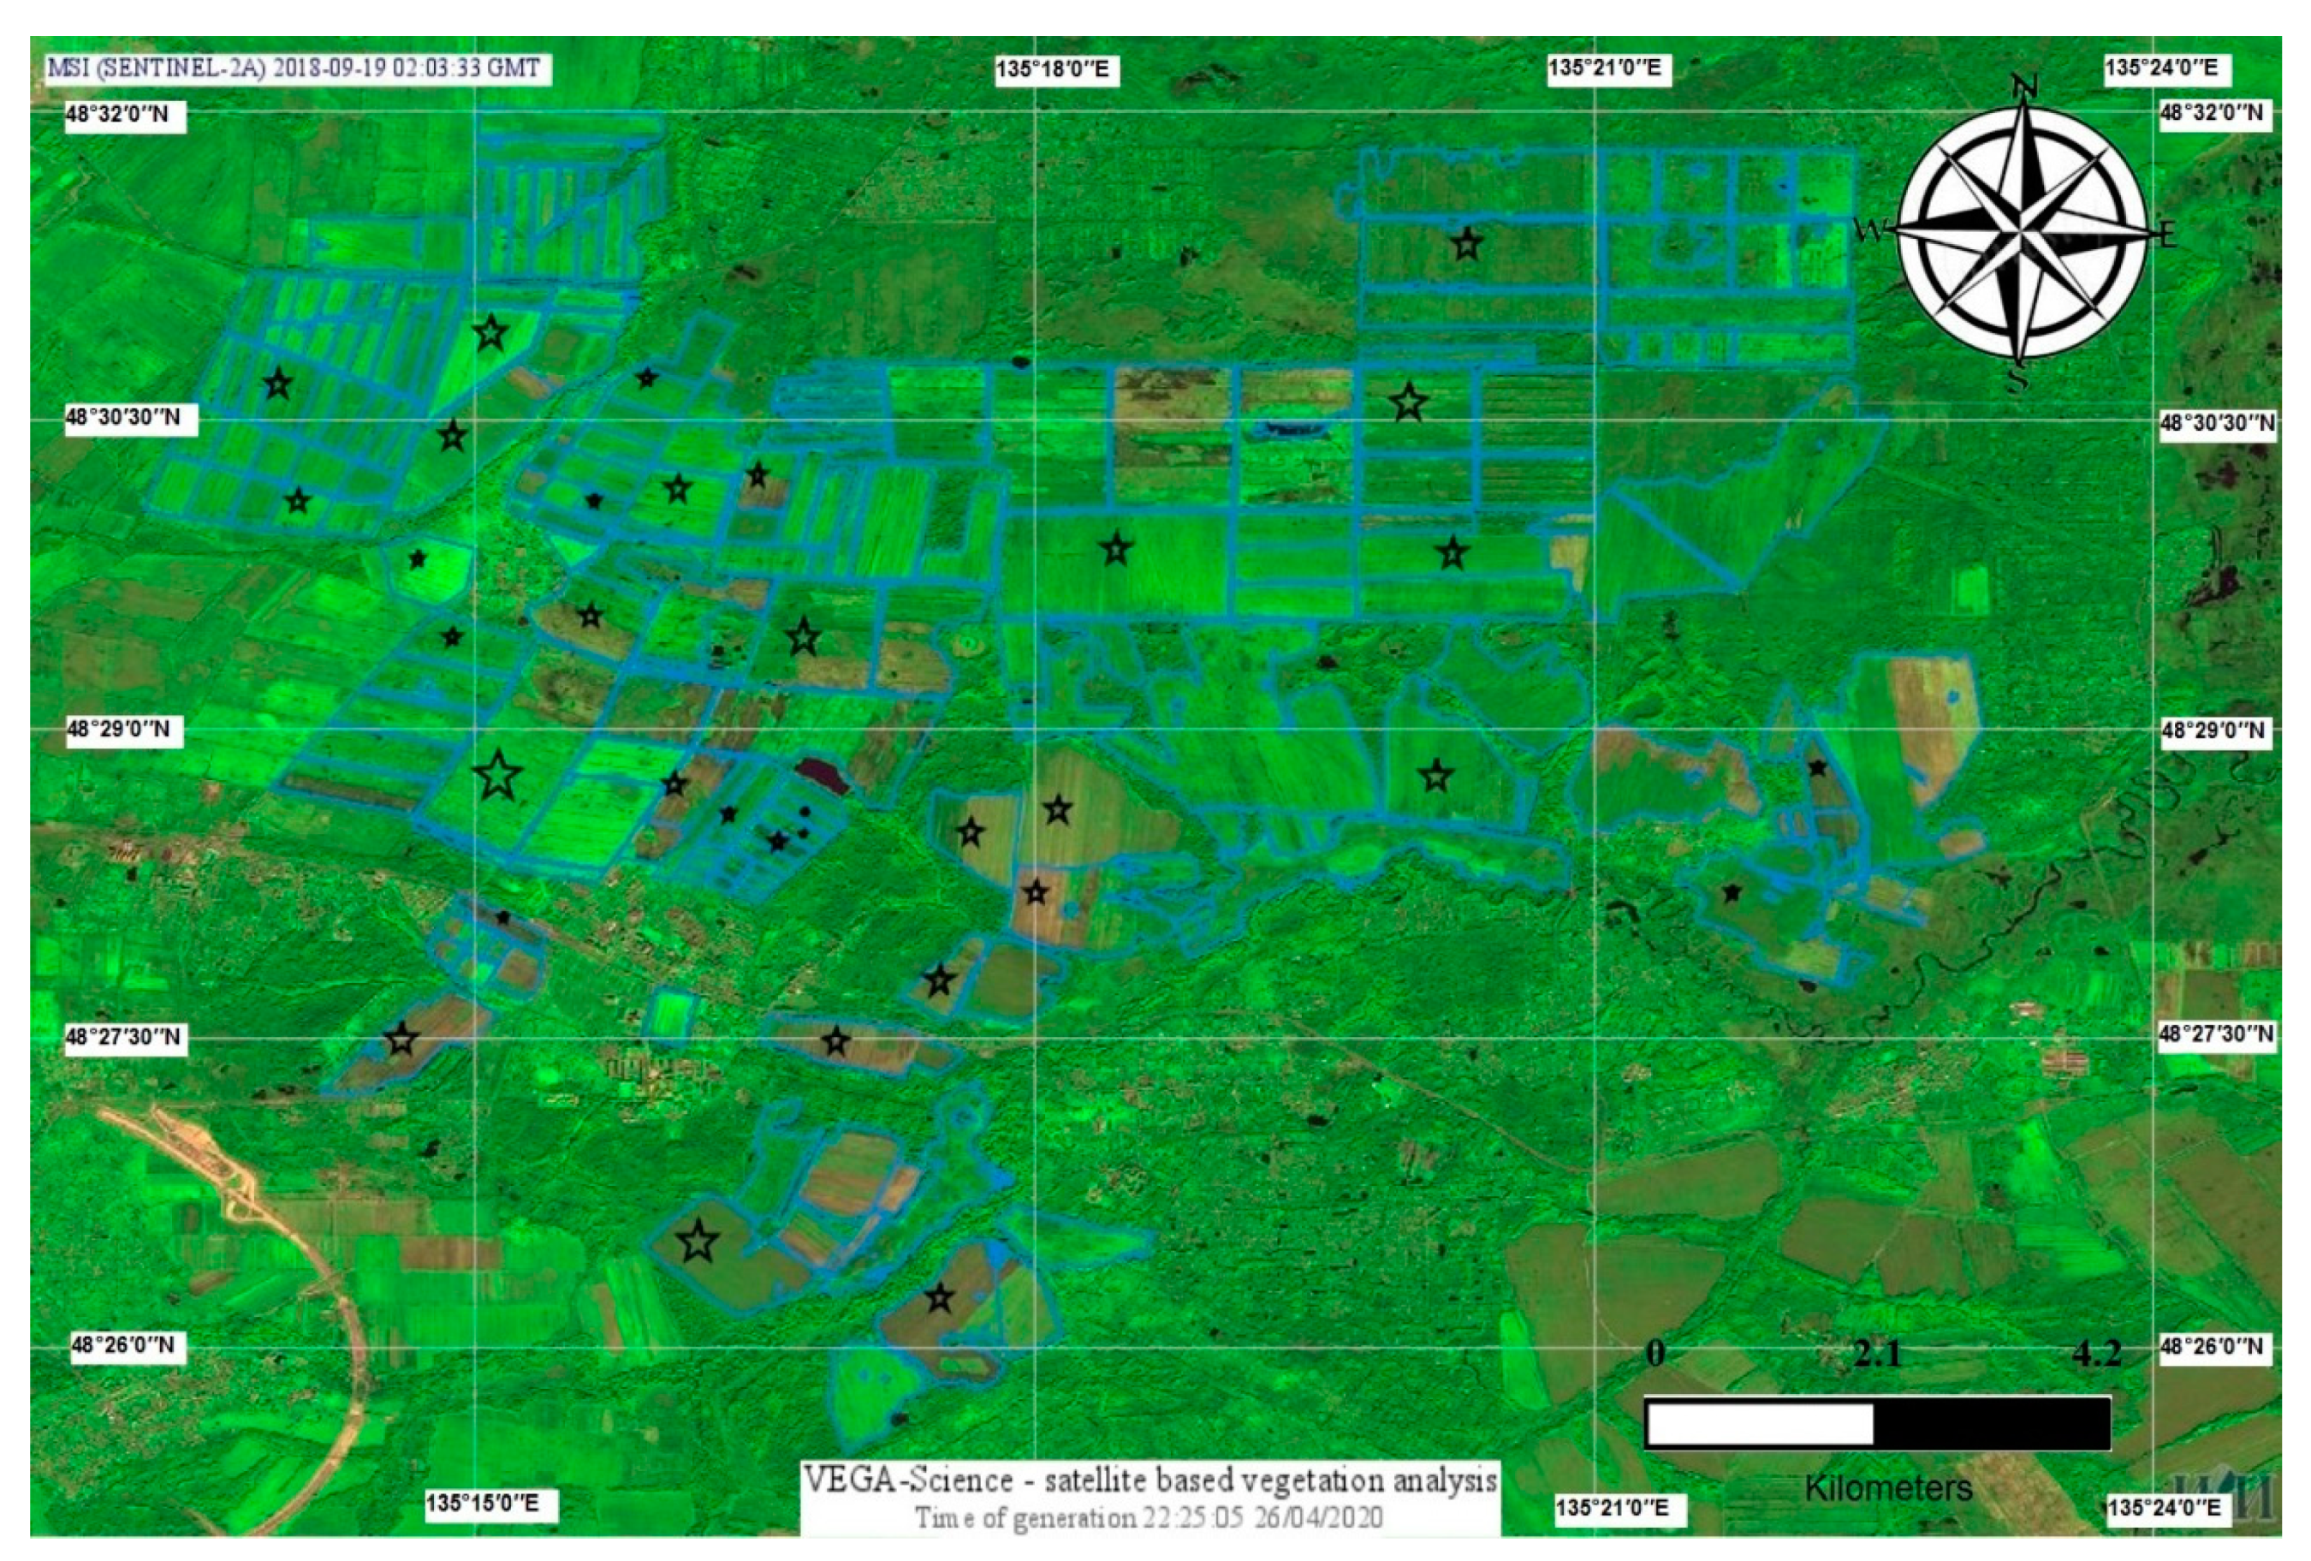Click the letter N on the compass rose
2022,87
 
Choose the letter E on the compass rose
2169,235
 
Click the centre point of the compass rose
2022,232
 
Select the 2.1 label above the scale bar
1876,1354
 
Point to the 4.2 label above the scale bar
2096,1354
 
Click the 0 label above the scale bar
1655,1353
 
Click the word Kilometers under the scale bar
1888,1488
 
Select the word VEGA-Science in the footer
908,1480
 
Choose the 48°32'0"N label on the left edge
117,115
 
